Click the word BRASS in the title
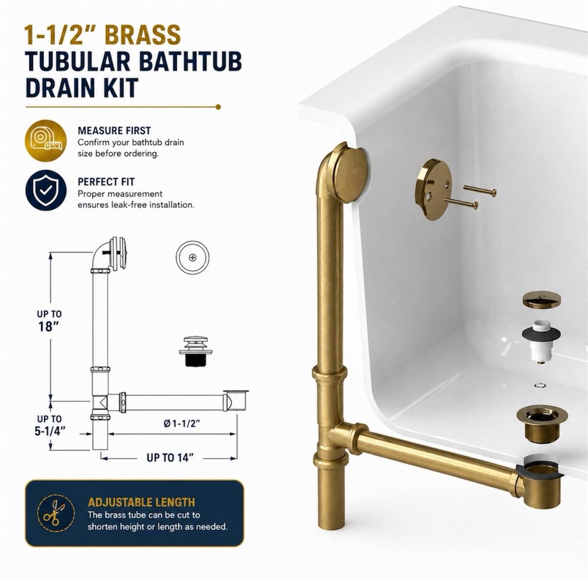point(142,34)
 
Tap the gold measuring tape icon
point(46,140)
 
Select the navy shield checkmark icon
point(46,190)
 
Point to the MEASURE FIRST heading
point(114,131)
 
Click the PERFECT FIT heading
point(106,182)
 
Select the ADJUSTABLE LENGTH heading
point(141,502)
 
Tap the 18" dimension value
point(48,327)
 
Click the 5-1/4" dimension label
point(50,431)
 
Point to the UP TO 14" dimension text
point(170,458)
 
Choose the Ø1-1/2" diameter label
point(181,424)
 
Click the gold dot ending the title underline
point(218,107)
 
